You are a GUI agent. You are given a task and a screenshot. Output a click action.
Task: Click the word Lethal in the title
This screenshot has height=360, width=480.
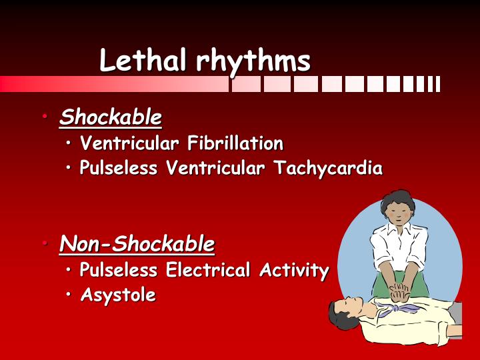click(143, 61)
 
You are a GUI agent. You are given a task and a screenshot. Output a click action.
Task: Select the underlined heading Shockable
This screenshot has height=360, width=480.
click(111, 118)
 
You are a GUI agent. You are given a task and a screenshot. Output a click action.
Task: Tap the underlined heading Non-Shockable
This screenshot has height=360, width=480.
click(137, 245)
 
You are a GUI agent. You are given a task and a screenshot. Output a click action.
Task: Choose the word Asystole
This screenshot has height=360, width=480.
click(118, 295)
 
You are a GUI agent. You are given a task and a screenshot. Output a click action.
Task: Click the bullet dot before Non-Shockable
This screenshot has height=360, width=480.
click(45, 245)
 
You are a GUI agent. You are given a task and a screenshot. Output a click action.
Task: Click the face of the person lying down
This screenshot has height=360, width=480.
click(348, 311)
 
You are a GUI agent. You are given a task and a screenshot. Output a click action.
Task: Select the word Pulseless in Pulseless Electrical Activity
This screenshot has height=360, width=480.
click(119, 271)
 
